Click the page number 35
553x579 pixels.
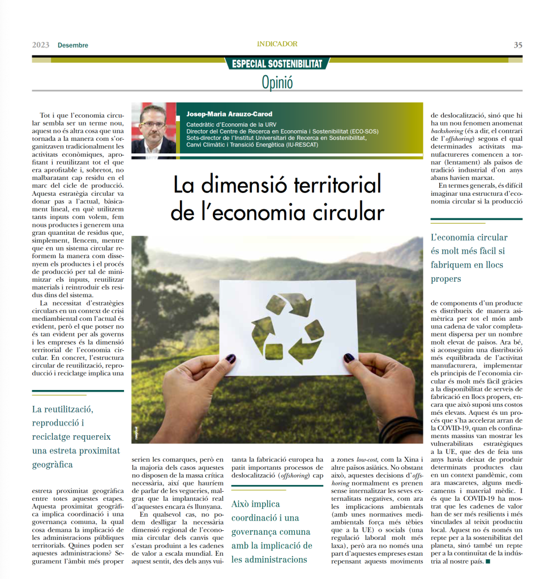point(517,45)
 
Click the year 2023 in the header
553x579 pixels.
point(41,45)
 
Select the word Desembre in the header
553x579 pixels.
point(73,45)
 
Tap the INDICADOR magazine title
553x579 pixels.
point(277,44)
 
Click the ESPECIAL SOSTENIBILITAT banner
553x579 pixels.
point(277,63)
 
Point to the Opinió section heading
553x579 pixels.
point(277,83)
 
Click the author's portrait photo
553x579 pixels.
point(153,128)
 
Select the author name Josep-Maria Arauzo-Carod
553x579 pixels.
point(229,114)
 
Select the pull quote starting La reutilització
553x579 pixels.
point(76,436)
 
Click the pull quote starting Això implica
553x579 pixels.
point(272,531)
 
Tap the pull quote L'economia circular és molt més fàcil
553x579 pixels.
point(470,258)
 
